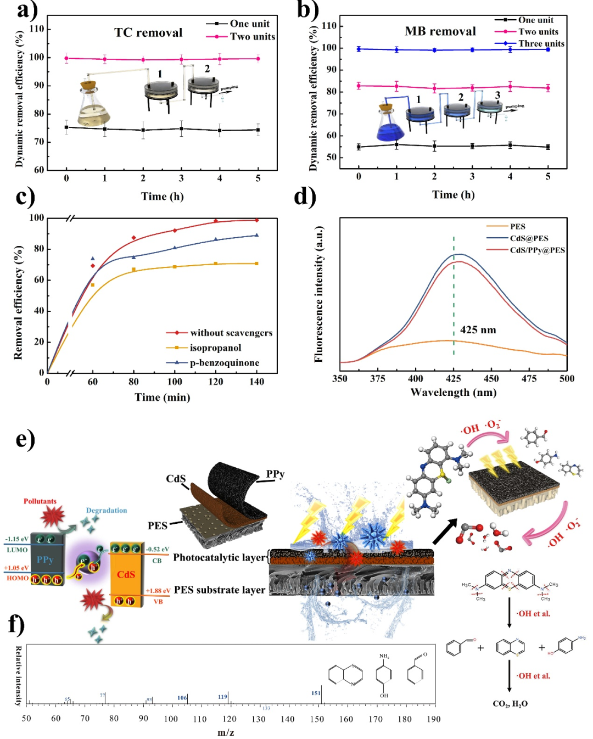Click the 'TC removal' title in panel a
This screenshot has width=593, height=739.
click(x=148, y=33)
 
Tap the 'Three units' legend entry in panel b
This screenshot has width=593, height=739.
click(x=541, y=44)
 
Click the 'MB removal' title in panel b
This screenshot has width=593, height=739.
click(x=440, y=31)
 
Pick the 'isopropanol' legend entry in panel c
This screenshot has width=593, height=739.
click(x=215, y=348)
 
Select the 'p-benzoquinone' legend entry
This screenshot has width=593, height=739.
click(x=224, y=362)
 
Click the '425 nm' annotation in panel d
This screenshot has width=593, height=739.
click(x=478, y=330)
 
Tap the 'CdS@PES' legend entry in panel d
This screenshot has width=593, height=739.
click(x=529, y=238)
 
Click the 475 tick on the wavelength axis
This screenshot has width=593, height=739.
click(x=529, y=378)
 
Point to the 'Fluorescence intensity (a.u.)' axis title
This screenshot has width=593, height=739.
click(x=318, y=294)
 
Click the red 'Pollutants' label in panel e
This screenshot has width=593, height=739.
click(x=40, y=501)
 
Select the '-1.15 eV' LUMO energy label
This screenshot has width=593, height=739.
click(x=17, y=539)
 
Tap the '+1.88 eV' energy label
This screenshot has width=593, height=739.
click(x=158, y=591)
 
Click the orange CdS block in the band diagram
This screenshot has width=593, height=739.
click(x=126, y=574)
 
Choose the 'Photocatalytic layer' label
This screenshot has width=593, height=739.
click(x=220, y=558)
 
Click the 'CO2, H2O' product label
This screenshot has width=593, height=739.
click(x=510, y=704)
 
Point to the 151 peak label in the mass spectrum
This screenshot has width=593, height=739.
click(x=316, y=693)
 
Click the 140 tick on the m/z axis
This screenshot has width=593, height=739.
click(x=288, y=719)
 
